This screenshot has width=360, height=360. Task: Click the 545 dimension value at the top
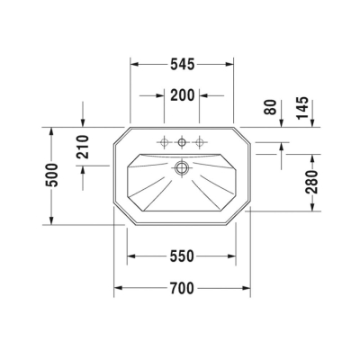point(182,65)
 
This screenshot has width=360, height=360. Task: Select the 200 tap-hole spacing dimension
point(182,95)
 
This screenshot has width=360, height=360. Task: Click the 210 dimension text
point(82,145)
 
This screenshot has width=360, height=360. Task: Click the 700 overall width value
point(182,289)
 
